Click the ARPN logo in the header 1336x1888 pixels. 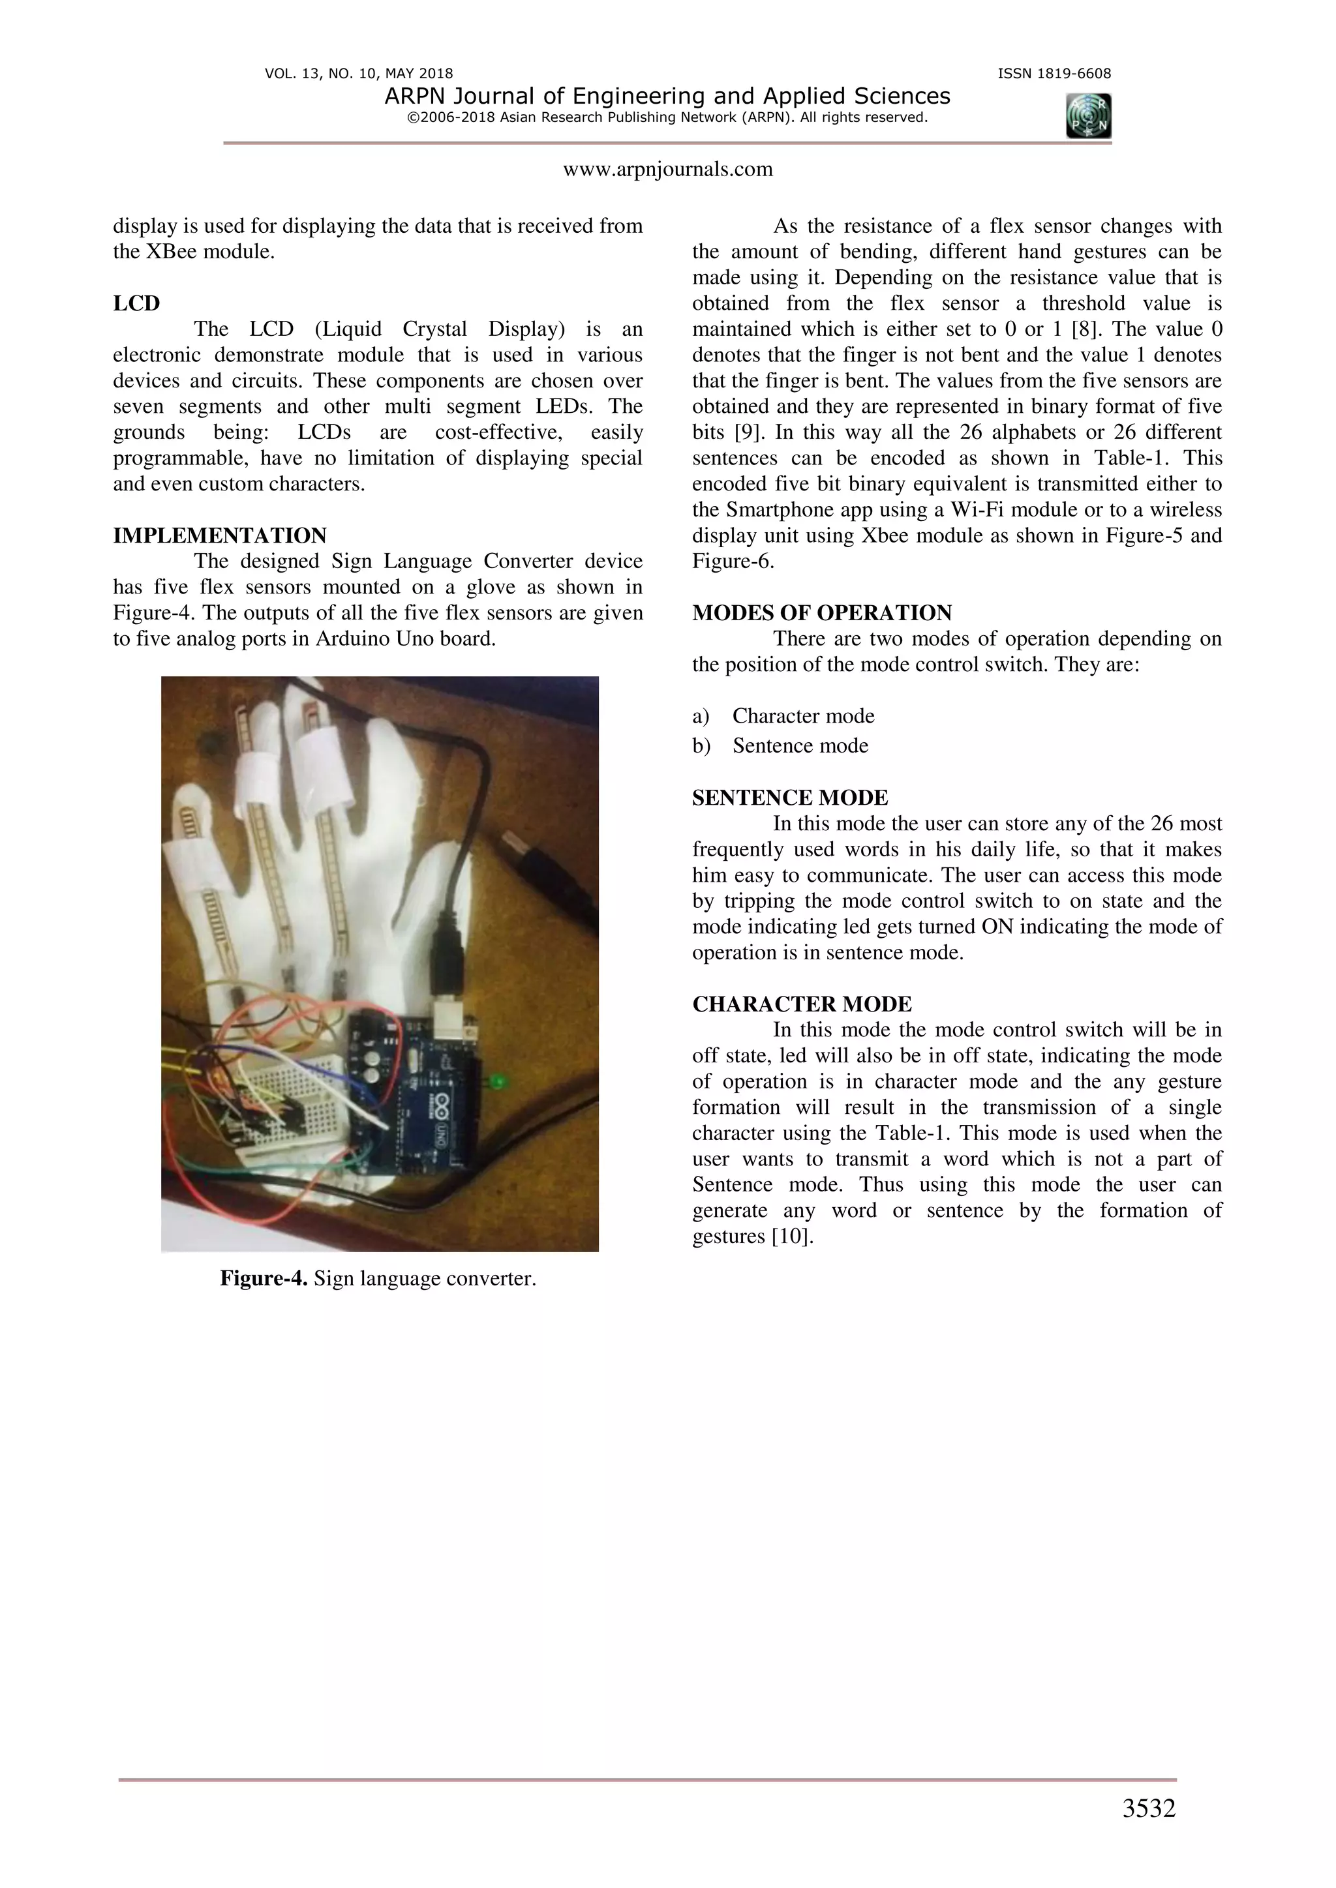coord(1087,115)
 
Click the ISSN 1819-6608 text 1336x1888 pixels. coord(1054,73)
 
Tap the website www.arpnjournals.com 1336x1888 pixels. coord(667,170)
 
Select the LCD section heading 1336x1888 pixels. coord(136,303)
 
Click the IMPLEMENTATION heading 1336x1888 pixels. coord(220,536)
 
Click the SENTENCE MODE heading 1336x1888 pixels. coord(790,798)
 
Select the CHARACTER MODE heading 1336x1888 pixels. coord(801,1005)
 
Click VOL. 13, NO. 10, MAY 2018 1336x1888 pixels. coord(359,73)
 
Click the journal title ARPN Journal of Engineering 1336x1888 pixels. coord(667,97)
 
